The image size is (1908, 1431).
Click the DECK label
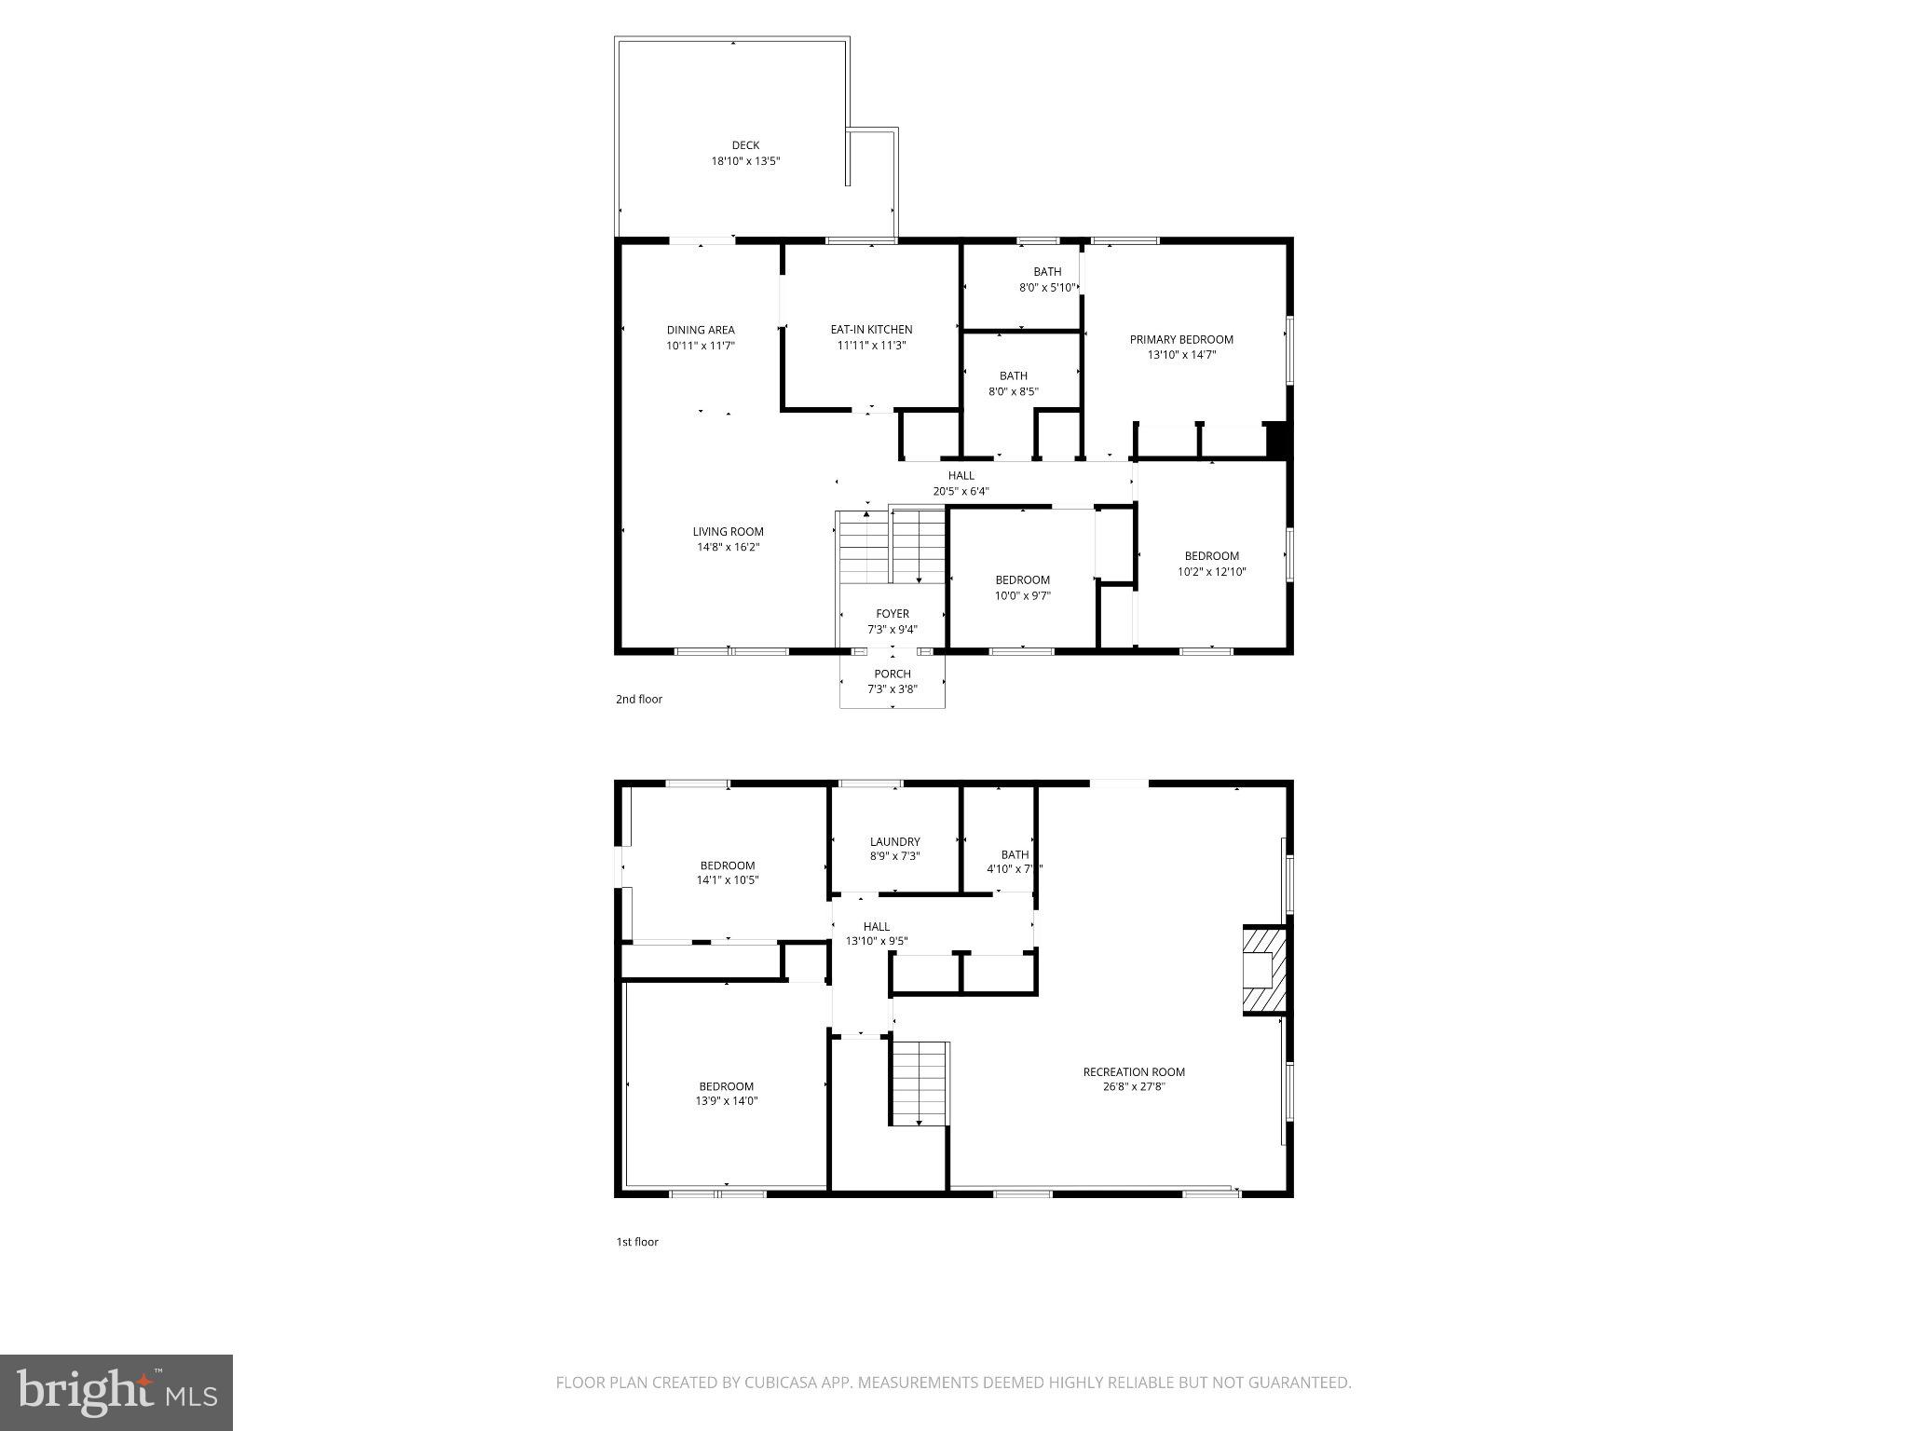coord(745,145)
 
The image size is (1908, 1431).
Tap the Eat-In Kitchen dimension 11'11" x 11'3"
coord(871,346)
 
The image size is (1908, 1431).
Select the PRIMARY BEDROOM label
coord(1181,340)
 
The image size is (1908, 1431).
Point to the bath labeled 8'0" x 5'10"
coord(1047,279)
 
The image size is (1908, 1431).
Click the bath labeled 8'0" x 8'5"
coord(1014,384)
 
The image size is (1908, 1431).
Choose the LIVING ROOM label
coord(728,532)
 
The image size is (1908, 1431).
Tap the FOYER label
coord(893,614)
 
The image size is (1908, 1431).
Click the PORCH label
coord(893,674)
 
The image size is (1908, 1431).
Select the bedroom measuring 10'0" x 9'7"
coord(1022,588)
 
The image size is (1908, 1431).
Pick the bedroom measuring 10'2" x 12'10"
coord(1211,564)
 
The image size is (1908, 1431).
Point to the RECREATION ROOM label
coord(1134,1072)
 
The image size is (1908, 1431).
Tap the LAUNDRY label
coord(894,841)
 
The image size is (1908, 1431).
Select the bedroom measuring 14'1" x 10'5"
coord(728,872)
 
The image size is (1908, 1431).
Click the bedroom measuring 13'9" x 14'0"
coord(727,1093)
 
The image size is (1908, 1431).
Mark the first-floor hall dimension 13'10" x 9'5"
coord(876,942)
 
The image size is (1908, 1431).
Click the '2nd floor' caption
coord(639,699)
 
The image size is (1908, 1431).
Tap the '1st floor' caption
coord(637,1242)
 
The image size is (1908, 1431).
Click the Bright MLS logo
coord(116,1393)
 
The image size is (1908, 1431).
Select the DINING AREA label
coord(701,330)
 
